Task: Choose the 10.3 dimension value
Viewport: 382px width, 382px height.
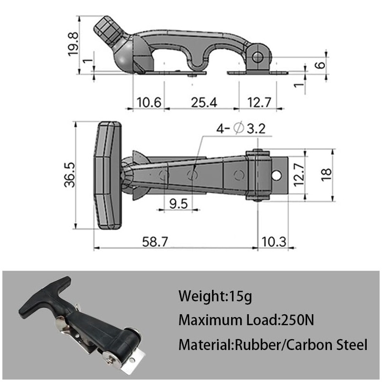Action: tap(274, 242)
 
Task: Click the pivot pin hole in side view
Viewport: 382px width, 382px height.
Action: tap(258, 57)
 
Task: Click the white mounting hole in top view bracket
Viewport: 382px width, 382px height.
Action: tap(276, 175)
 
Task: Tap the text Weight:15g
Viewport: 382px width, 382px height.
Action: tap(214, 296)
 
